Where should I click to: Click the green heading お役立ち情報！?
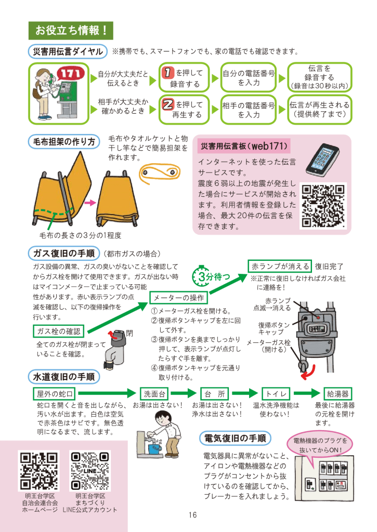[x=71, y=31]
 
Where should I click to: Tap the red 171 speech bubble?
[x=70, y=74]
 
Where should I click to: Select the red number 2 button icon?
[x=168, y=104]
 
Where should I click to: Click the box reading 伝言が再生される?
[x=319, y=110]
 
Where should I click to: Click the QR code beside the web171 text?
[x=323, y=206]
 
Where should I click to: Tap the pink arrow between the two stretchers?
[x=90, y=203]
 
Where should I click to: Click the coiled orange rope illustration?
[x=159, y=173]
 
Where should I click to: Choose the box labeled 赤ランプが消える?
[x=280, y=267]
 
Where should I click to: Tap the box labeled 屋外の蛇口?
[x=55, y=394]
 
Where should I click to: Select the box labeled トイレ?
[x=276, y=394]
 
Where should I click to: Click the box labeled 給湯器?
[x=337, y=394]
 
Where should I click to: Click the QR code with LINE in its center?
[x=90, y=471]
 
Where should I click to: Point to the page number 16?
[x=192, y=515]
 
